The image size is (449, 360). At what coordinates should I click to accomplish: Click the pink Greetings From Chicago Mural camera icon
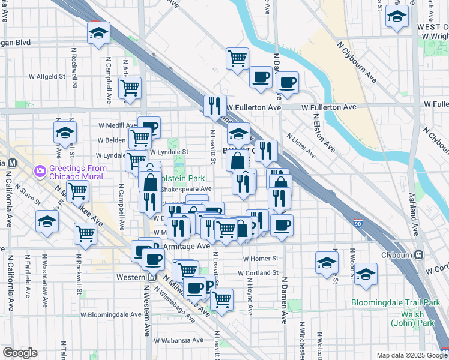40,171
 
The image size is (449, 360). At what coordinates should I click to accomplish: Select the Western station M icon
151,277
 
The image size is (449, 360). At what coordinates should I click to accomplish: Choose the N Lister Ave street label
301,145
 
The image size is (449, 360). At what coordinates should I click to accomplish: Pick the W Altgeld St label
47,77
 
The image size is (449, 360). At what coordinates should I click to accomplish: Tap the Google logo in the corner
20,353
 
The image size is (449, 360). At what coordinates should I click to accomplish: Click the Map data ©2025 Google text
411,355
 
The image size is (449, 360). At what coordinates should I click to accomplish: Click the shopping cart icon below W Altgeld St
130,88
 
